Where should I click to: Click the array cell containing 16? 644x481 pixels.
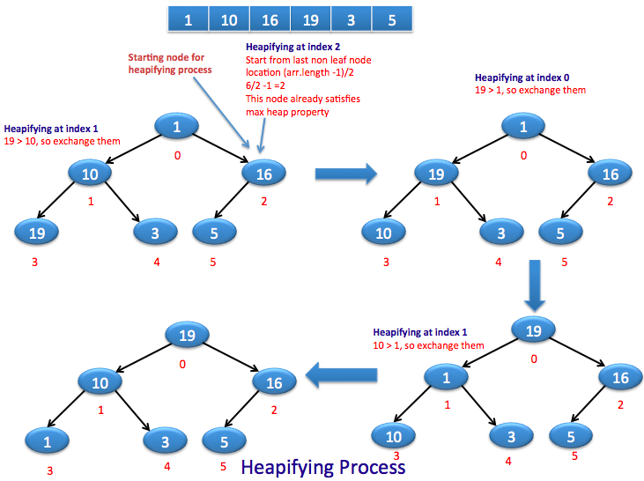coord(270,19)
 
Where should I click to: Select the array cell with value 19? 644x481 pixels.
coord(309,19)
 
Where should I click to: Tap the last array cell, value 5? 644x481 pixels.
coord(391,19)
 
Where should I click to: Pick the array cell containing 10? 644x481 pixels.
coord(229,19)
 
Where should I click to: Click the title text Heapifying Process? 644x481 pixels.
coord(323,467)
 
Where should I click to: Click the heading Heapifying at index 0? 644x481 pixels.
coord(517,78)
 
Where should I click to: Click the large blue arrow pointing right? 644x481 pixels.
coord(345,174)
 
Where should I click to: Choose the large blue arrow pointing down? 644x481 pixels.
coord(532,284)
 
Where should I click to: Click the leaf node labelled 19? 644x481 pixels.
coord(36,233)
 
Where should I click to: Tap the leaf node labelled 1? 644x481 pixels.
coord(44,440)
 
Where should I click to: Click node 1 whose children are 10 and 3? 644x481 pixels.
coord(448,377)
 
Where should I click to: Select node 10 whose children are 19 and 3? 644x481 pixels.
coord(90,174)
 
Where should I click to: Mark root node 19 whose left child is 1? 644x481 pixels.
coord(532,331)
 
